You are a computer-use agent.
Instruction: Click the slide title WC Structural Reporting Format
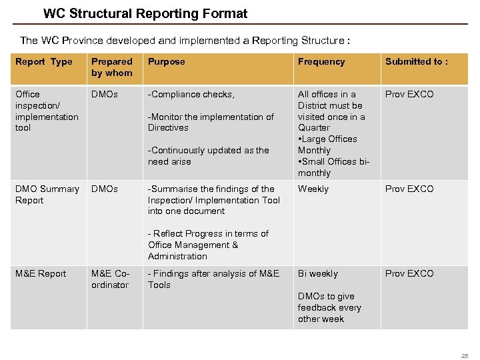point(145,13)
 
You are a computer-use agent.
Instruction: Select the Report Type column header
point(44,62)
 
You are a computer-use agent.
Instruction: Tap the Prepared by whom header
point(112,67)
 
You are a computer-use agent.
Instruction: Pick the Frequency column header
point(321,62)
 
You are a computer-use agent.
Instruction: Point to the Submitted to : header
point(417,62)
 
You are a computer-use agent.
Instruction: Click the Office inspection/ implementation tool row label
point(47,111)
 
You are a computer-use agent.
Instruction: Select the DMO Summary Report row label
point(47,194)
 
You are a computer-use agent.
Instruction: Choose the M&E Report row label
point(41,273)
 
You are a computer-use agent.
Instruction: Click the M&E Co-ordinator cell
point(110,279)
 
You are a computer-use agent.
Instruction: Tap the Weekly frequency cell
point(313,189)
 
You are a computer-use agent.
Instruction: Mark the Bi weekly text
point(318,273)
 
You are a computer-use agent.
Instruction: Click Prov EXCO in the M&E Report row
point(409,273)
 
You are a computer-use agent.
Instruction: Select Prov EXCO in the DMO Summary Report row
point(409,189)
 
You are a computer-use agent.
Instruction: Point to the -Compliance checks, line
point(191,94)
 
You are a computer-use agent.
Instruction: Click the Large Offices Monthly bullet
point(328,145)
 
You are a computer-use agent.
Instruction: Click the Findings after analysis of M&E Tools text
point(213,279)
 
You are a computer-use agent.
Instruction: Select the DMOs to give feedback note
point(329,307)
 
